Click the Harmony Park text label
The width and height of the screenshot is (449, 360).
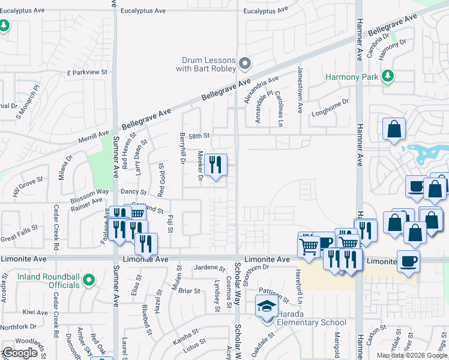[352, 77]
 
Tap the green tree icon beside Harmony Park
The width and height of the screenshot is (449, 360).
[388, 76]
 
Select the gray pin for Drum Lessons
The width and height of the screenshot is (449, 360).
[244, 63]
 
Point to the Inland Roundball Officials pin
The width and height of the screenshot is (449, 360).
[88, 280]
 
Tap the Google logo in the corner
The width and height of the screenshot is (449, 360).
[20, 353]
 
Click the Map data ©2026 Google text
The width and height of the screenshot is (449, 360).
[412, 355]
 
